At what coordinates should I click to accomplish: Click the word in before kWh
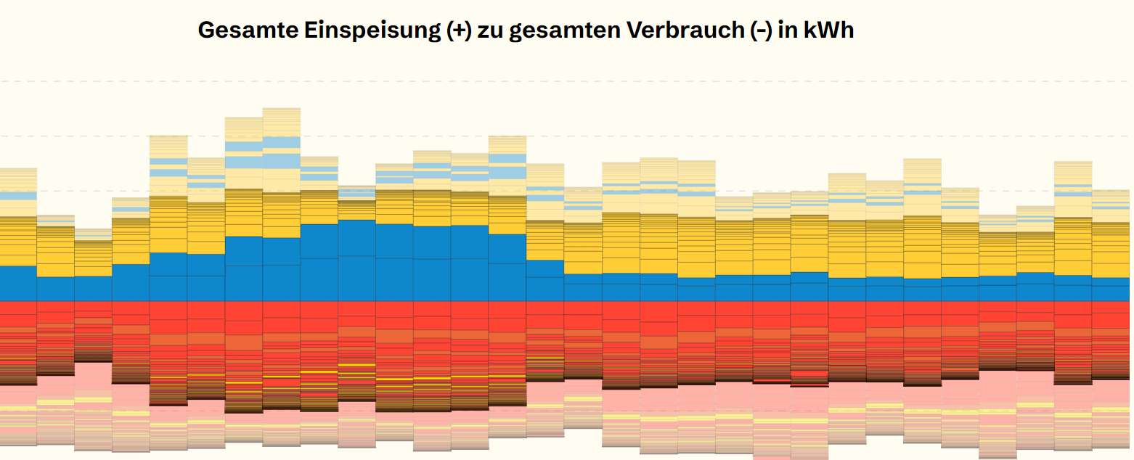tap(789, 30)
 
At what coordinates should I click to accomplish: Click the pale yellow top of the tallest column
tap(281, 120)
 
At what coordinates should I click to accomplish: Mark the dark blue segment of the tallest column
tap(281, 268)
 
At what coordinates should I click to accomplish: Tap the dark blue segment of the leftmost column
tap(18, 283)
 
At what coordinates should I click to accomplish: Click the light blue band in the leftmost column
tap(18, 196)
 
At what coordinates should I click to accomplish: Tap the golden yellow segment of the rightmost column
tap(1110, 250)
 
